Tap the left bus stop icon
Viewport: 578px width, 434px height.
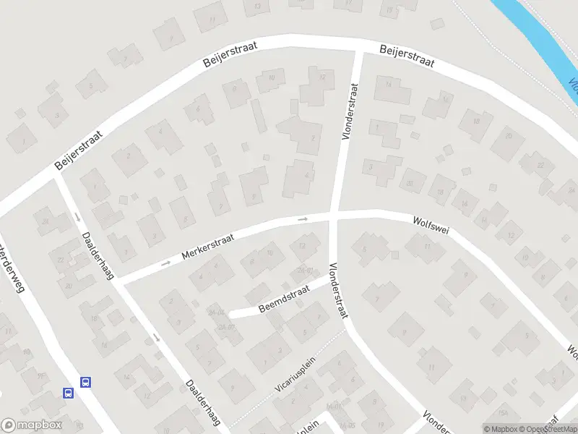pyautogui.click(x=69, y=393)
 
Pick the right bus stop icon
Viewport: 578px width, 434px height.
pyautogui.click(x=85, y=382)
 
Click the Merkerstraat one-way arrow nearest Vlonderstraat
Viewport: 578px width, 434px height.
pyautogui.click(x=303, y=218)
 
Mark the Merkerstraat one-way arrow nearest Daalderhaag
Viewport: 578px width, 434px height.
pyautogui.click(x=165, y=263)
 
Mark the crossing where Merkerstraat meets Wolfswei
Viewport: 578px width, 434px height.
pyautogui.click(x=333, y=215)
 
